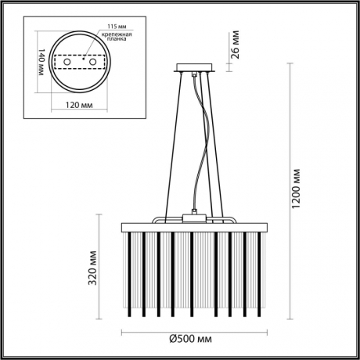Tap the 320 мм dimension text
(x=93, y=268)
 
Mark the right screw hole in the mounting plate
(x=92, y=62)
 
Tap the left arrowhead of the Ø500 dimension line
(x=126, y=330)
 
